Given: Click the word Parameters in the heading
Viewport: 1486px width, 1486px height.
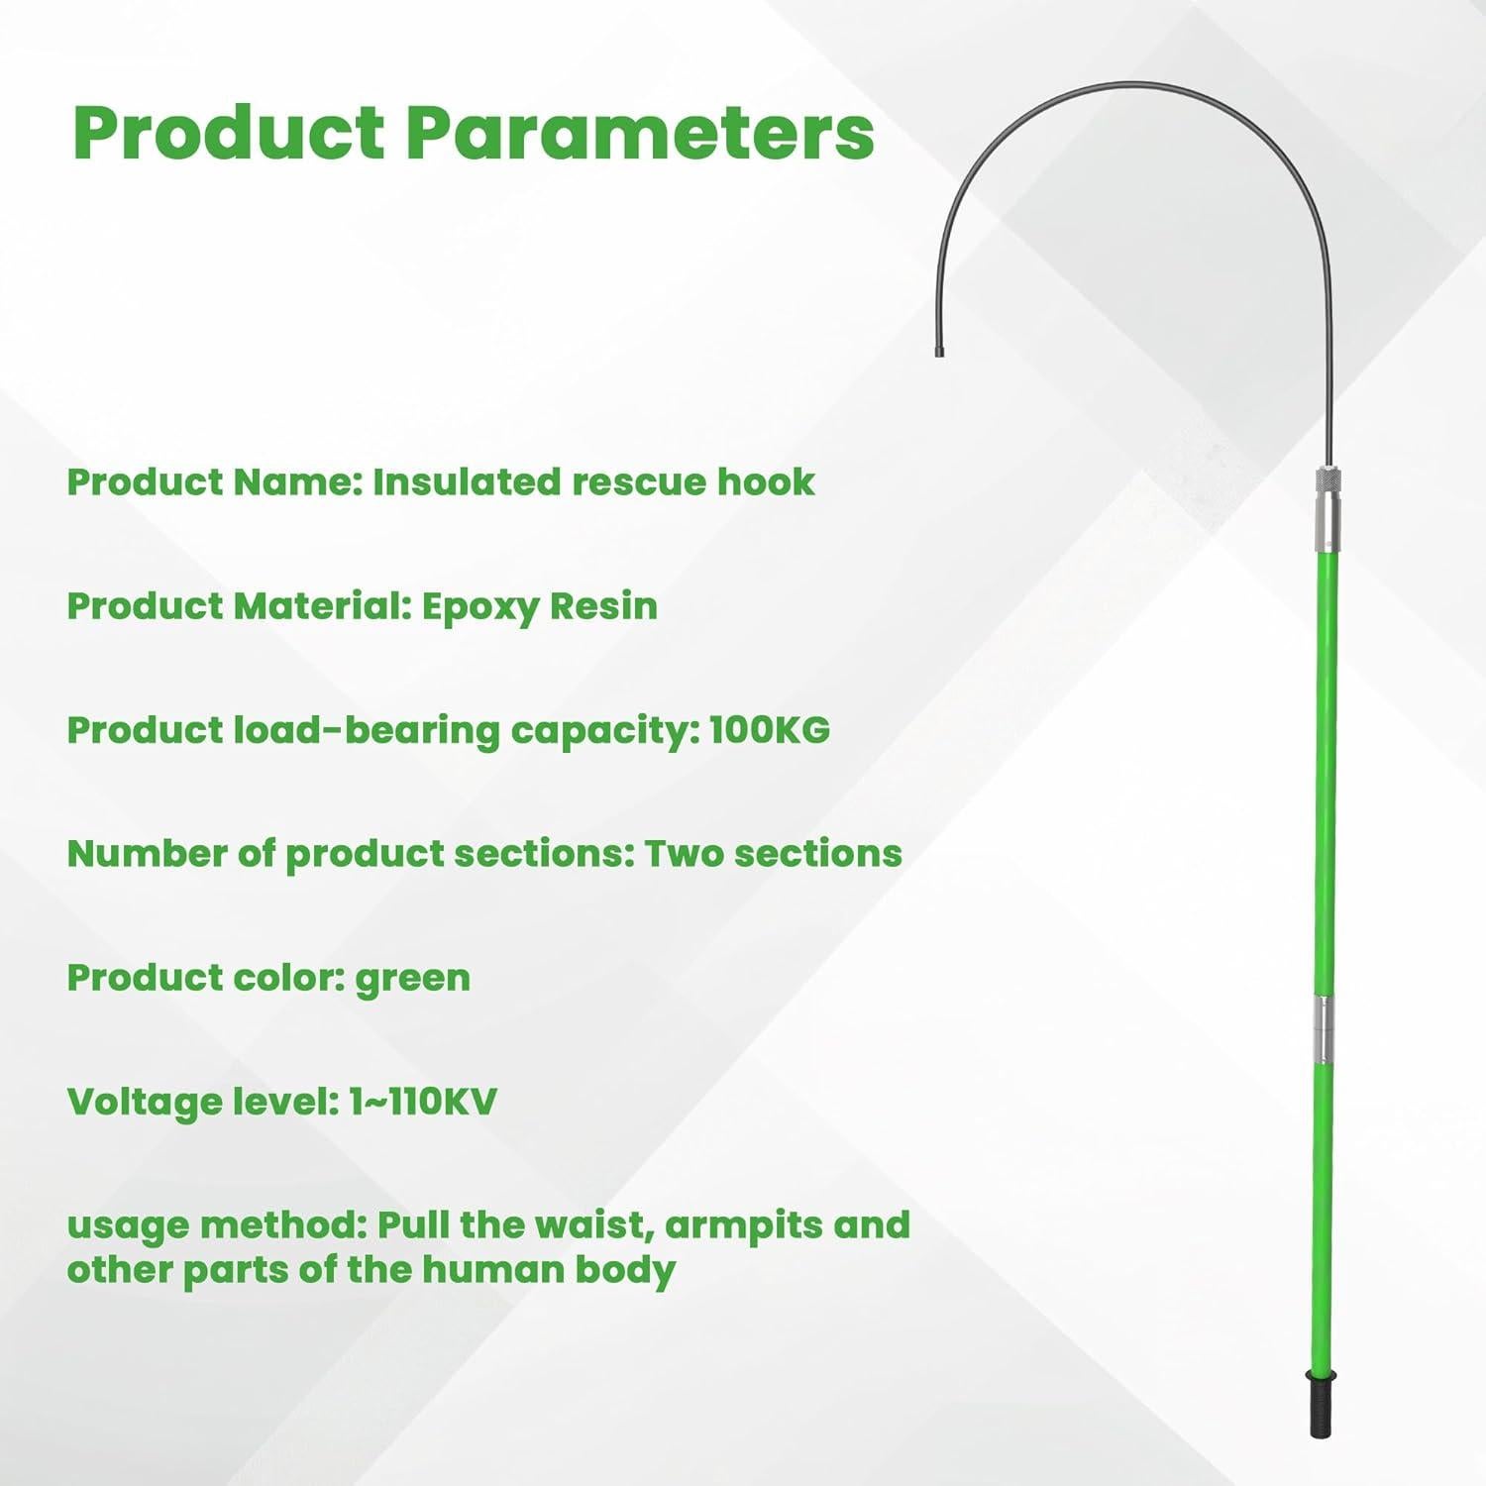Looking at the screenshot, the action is [640, 133].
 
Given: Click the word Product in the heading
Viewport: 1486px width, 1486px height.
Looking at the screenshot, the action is [229, 133].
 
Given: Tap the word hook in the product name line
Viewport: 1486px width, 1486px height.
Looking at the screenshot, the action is [766, 481].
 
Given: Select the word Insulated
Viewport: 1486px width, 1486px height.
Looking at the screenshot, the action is [467, 481].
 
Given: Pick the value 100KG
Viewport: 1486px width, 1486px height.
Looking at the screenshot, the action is [770, 729].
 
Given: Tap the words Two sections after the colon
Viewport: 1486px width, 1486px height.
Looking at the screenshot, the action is [774, 853].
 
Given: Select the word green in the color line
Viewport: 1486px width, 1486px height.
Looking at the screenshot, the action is [413, 979].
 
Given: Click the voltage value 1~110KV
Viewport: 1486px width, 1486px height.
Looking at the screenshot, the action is [423, 1101].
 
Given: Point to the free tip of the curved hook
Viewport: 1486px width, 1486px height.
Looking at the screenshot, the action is [938, 351].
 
